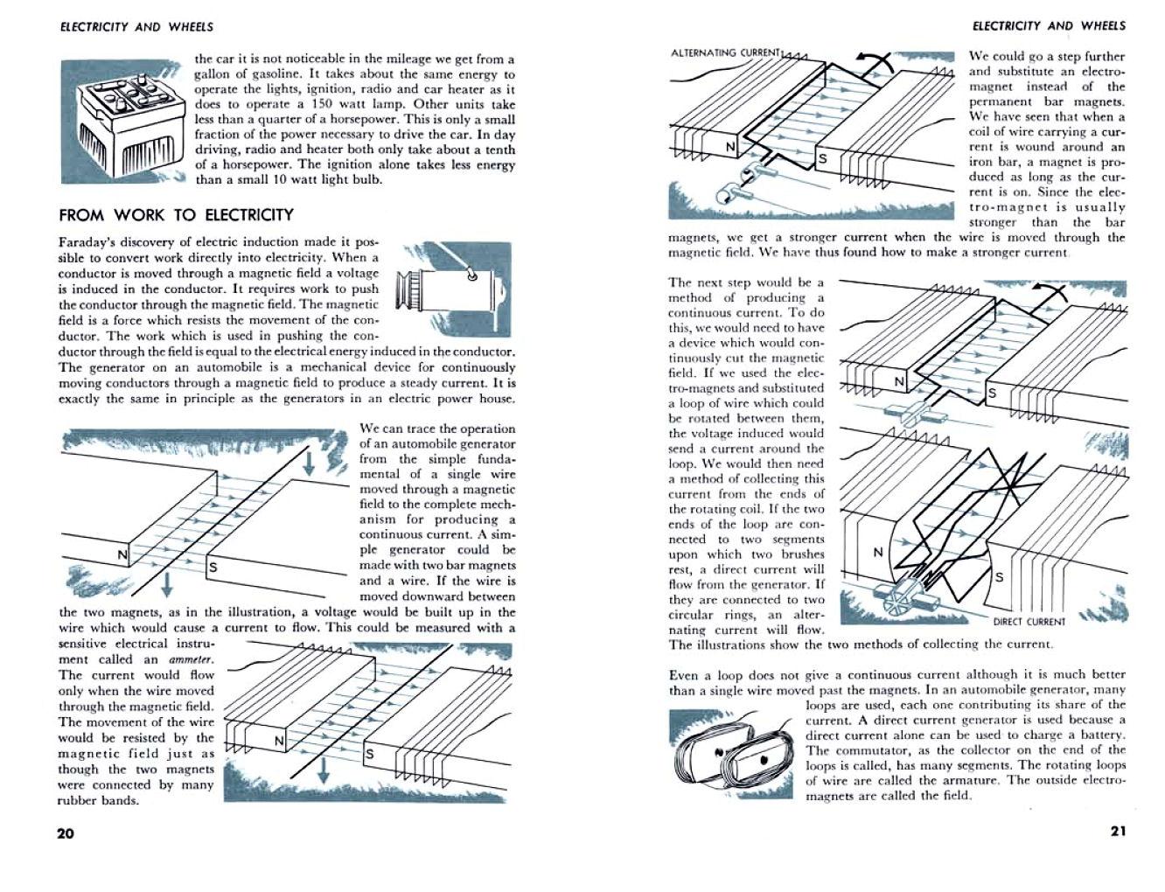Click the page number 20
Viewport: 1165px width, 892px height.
coord(66,833)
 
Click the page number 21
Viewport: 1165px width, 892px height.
coord(1118,831)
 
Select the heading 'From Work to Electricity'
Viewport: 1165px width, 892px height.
coord(176,215)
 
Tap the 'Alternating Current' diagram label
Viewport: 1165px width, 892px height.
coord(724,52)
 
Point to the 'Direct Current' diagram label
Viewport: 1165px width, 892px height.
coord(1029,622)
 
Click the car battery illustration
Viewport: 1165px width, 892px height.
coord(122,121)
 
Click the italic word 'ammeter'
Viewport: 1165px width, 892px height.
coord(190,659)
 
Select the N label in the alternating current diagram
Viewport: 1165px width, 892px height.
coord(730,147)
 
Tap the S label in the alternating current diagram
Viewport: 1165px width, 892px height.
coord(821,158)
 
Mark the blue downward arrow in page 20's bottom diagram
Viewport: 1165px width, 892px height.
coord(323,769)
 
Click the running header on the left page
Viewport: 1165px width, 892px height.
coord(136,27)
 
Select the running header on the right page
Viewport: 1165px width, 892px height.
coord(1049,26)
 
